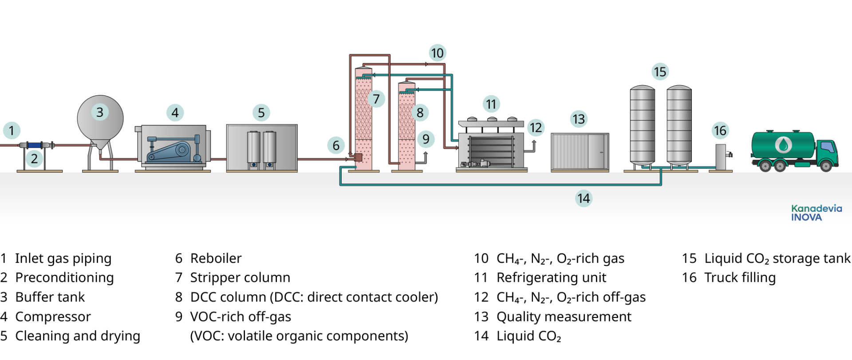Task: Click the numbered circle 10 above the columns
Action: coord(437,53)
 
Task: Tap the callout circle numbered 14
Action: coord(584,198)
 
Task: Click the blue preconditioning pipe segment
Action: coord(34,145)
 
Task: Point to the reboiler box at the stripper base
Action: coord(358,157)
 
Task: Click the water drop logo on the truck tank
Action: coord(783,145)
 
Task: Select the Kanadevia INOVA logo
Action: coord(816,213)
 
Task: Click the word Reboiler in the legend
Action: coord(216,258)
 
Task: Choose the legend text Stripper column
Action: coord(240,278)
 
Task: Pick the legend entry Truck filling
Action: coord(740,278)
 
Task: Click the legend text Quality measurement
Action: coord(564,317)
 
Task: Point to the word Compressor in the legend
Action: coord(53,317)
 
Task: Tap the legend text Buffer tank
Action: coord(50,297)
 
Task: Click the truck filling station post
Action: coord(721,157)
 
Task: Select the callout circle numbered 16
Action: coord(720,131)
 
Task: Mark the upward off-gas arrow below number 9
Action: coord(426,155)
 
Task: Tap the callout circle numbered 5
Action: coord(261,113)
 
